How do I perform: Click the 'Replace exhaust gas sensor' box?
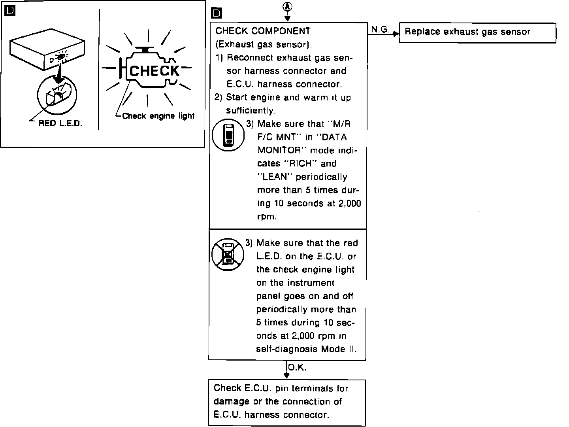477,32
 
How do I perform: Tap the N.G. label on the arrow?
380,29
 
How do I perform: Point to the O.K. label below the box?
297,368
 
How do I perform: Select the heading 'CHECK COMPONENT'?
263,31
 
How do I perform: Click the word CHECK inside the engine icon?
154,71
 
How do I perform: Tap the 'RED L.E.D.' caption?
60,123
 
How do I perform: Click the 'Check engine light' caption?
158,116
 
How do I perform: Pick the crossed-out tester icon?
227,254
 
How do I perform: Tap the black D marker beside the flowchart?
217,14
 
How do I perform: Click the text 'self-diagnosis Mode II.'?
306,349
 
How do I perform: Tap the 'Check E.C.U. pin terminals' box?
287,402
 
